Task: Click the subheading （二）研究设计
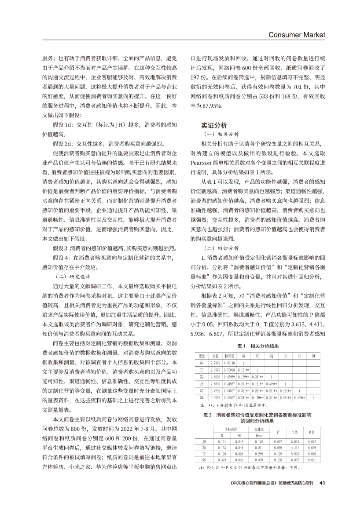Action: (x=73, y=277)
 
